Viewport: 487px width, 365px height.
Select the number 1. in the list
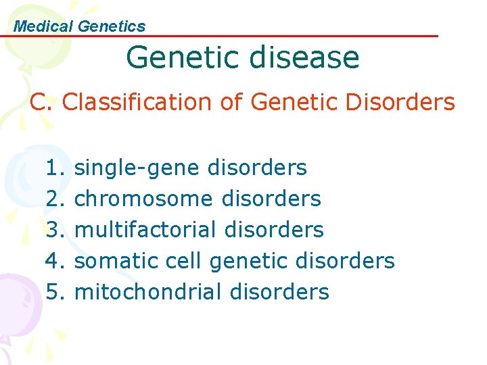(55, 168)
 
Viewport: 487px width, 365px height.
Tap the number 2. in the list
(55, 199)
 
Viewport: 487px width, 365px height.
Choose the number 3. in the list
(55, 230)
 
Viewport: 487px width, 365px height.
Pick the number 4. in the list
(55, 261)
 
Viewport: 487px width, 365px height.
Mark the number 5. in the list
(55, 292)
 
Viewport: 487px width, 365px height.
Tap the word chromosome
(143, 199)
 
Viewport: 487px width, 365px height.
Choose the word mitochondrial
(148, 292)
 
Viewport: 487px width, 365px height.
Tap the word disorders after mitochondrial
(279, 292)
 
